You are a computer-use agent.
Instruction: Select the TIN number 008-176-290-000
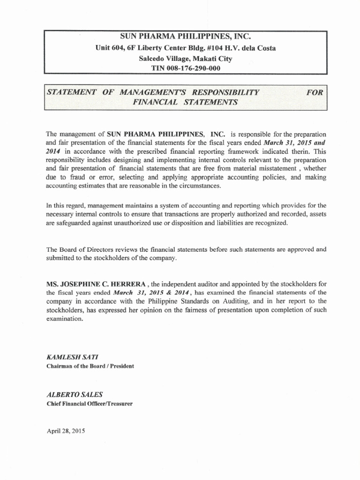click(185, 68)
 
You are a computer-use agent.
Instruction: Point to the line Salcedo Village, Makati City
click(185, 58)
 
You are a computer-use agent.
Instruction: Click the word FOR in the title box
click(315, 92)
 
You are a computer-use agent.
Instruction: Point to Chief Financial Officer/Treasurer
click(89, 404)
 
